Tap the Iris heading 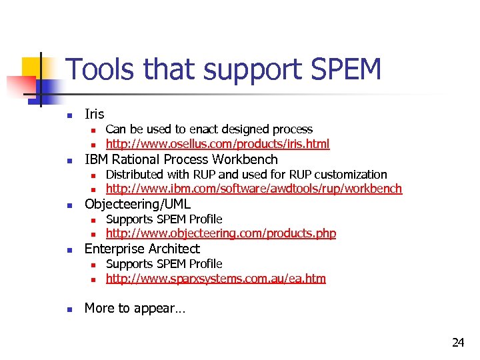95,114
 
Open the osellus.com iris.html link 217,143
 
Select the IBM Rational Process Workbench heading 181,159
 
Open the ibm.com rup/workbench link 254,189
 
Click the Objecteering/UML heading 137,204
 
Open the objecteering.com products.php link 221,233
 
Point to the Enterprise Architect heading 142,249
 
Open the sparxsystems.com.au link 216,278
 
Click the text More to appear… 135,309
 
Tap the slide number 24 458,343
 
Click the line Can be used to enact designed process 209,129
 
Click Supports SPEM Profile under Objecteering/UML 164,219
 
